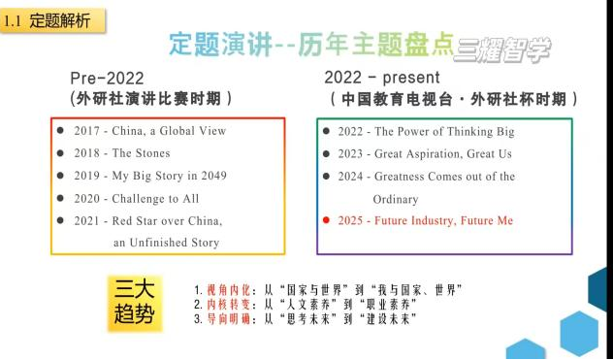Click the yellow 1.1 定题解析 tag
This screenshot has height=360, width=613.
(52, 20)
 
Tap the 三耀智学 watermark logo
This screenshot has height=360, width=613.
(502, 49)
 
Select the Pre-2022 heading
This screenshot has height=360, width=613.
(107, 79)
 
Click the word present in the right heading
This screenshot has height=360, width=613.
(411, 78)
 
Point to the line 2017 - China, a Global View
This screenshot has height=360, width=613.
(150, 131)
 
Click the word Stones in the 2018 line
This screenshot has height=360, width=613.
(152, 153)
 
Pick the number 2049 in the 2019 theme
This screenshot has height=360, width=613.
(213, 176)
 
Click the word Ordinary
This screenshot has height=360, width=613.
(396, 200)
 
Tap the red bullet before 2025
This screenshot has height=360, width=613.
(326, 220)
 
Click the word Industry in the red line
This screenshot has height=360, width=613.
(434, 220)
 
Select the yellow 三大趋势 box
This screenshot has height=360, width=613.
(135, 304)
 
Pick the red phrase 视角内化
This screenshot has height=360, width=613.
(228, 290)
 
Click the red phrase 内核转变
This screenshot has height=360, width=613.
(228, 305)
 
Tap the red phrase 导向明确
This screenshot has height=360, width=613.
(228, 319)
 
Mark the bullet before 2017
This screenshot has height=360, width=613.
(60, 130)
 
